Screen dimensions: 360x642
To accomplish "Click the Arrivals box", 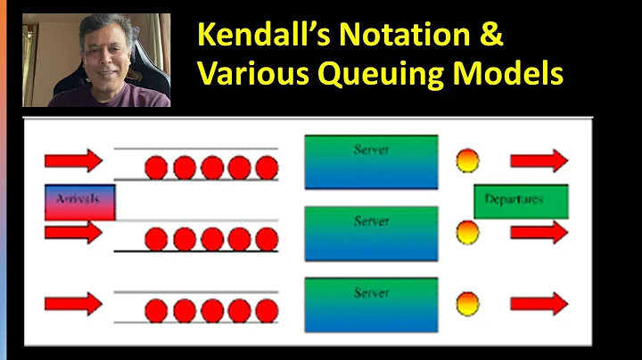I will (x=79, y=200).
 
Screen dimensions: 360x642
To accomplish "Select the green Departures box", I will (x=520, y=200).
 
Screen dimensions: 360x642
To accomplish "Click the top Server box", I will (x=371, y=161).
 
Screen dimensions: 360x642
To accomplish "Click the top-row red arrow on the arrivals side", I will (x=73, y=161).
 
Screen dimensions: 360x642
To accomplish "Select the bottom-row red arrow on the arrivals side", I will (x=73, y=304).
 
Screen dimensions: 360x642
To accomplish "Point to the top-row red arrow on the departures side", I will (x=539, y=161).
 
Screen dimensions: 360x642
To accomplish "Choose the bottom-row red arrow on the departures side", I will (x=539, y=304).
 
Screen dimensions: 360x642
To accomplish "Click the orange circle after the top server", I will (x=467, y=161).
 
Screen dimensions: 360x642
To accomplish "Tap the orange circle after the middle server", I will (x=467, y=233).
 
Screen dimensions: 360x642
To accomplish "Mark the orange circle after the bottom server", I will (x=467, y=304).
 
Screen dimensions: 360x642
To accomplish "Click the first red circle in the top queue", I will (x=156, y=167).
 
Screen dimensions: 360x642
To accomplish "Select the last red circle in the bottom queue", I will (x=267, y=310).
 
